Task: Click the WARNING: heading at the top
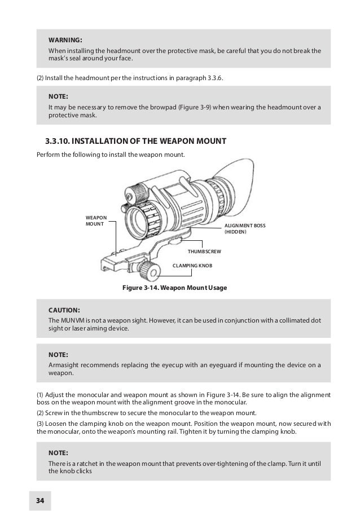[65, 40]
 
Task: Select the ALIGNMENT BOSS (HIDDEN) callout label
[244, 228]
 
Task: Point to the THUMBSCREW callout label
[204, 249]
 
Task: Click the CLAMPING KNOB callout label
[192, 264]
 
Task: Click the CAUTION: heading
[64, 310]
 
